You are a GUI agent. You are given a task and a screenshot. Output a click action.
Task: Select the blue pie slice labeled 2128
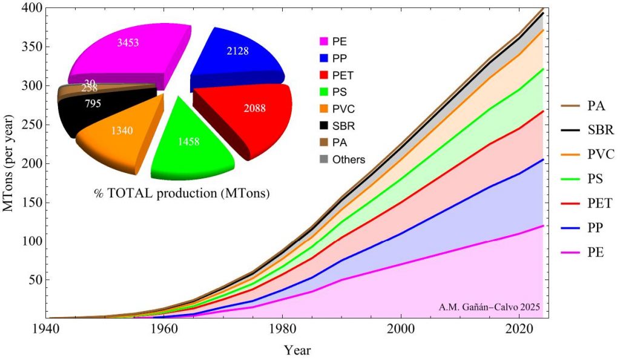coord(236,54)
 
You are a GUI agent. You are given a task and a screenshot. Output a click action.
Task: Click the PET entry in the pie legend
coord(340,76)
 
